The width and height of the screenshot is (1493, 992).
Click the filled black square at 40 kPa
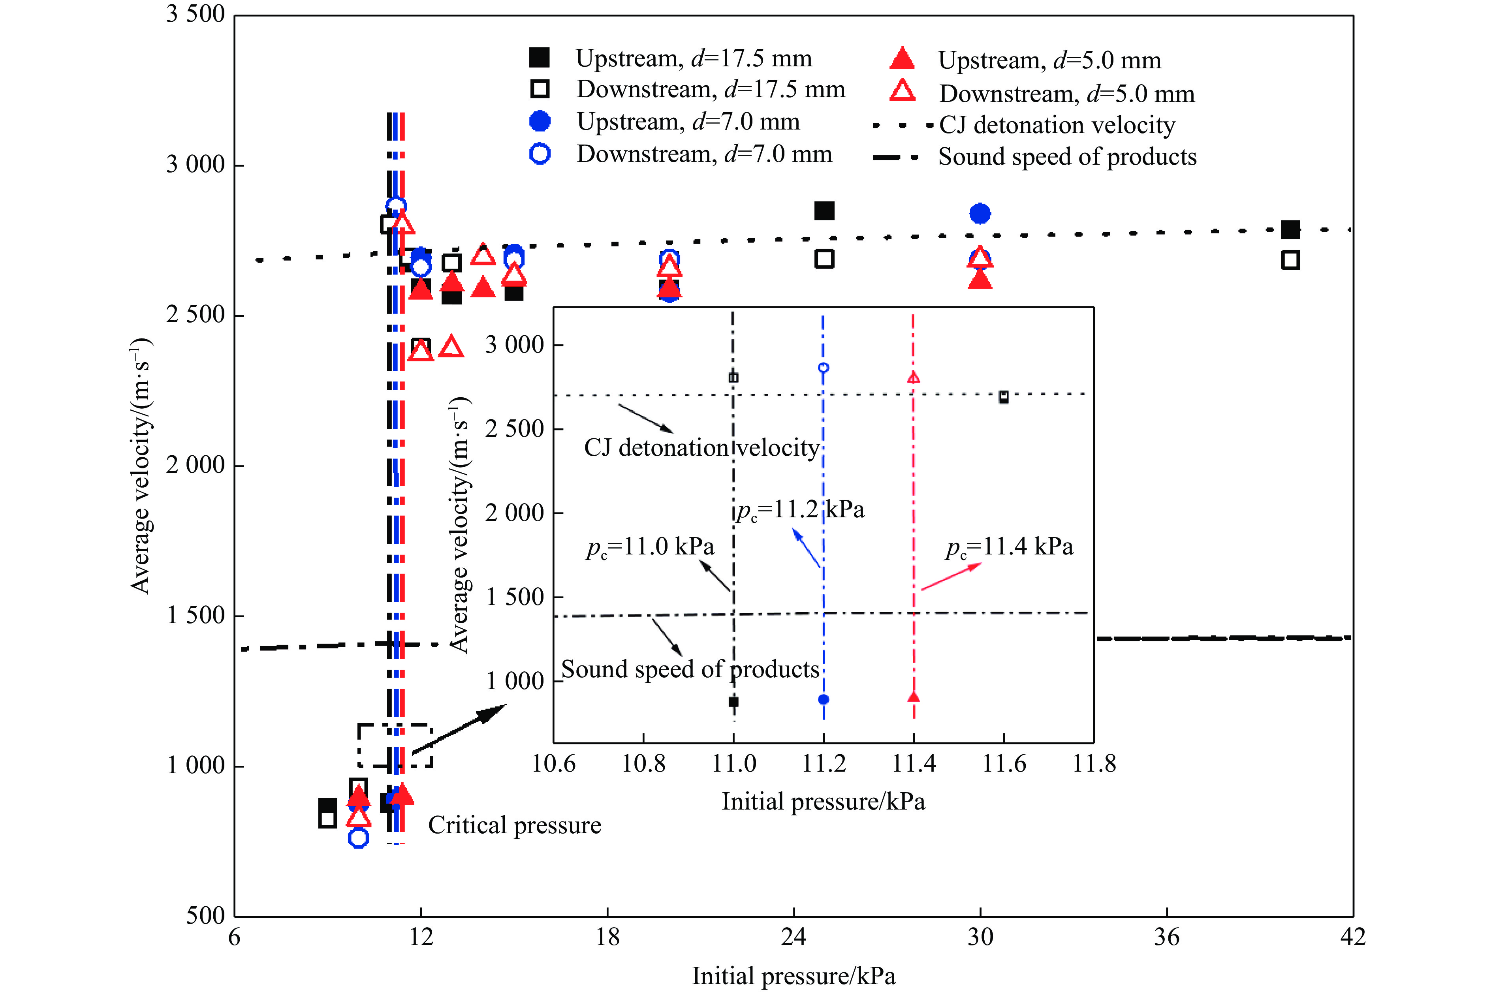pos(1290,230)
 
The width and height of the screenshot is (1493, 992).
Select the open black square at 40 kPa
pos(1290,260)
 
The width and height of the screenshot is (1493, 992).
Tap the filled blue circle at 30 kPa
pos(979,214)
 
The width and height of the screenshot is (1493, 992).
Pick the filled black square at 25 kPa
pos(824,210)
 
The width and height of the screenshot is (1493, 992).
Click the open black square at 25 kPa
pos(824,259)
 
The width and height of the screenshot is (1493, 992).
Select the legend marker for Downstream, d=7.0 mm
pos(540,154)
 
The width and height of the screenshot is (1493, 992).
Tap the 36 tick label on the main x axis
pos(1166,937)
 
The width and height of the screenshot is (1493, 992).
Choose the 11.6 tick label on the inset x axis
pos(1003,764)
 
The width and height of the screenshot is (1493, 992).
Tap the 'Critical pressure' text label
pos(514,825)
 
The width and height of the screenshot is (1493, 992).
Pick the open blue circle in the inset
pos(823,368)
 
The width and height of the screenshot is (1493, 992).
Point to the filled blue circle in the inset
pos(823,699)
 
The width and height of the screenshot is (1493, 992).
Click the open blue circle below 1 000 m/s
pos(358,838)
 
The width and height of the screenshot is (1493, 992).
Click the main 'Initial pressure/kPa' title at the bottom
pos(794,975)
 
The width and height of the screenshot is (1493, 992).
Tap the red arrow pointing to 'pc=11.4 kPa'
pos(951,576)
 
